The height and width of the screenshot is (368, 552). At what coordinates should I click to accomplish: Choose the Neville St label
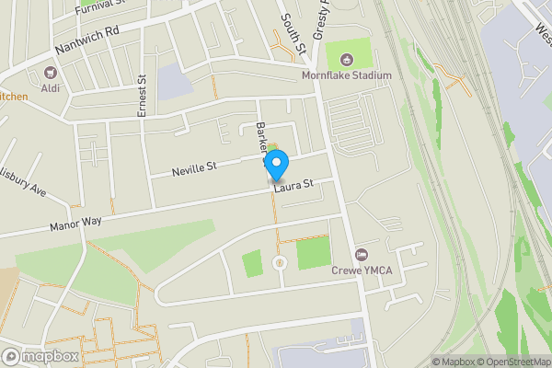tap(193, 168)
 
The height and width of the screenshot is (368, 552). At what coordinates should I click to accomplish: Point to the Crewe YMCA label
tap(362, 270)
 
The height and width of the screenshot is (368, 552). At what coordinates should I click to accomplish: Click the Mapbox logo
tap(40, 356)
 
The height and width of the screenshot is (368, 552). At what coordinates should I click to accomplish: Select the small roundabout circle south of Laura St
tap(279, 264)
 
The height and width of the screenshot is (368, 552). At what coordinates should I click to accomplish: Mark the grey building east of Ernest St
tap(173, 83)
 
